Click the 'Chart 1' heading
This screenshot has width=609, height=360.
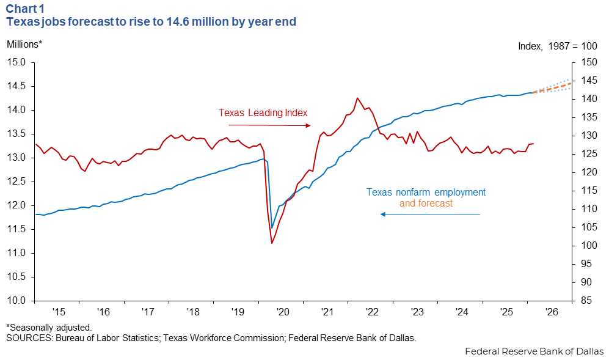coord(25,9)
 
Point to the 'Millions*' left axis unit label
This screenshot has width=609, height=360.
coord(24,44)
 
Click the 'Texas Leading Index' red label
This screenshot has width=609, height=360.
coord(263,113)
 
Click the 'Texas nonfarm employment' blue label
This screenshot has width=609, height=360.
coord(426,193)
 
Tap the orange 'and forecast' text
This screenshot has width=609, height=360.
coord(426,203)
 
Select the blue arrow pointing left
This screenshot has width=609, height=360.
coord(430,215)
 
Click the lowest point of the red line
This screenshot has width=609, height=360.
coord(272,243)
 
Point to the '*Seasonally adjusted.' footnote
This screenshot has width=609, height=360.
coord(49,328)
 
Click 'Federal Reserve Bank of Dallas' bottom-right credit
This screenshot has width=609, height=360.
coord(534,351)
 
